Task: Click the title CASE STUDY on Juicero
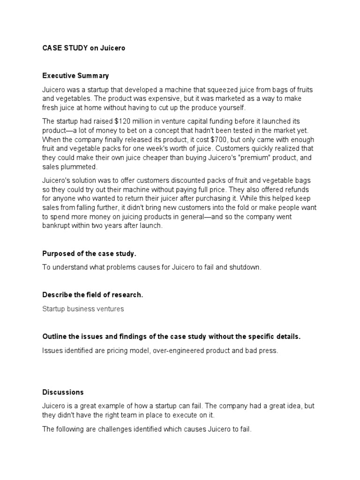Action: [84, 48]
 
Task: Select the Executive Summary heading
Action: [75, 75]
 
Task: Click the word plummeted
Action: [80, 166]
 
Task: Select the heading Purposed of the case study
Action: [89, 254]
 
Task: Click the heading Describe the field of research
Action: [92, 295]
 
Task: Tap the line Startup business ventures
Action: [83, 309]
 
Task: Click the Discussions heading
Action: [63, 392]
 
